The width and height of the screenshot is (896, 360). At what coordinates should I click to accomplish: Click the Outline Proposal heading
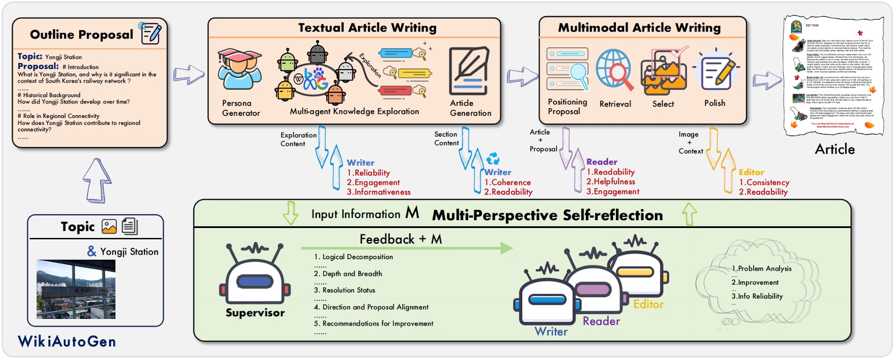(82, 34)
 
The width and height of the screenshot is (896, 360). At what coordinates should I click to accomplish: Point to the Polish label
(715, 103)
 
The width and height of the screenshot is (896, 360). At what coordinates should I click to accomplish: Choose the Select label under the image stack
(663, 104)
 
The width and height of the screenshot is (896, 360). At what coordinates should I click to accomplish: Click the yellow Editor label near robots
(648, 304)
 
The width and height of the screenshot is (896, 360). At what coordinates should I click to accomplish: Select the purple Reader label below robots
(601, 321)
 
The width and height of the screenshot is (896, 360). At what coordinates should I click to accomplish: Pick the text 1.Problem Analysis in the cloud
(761, 268)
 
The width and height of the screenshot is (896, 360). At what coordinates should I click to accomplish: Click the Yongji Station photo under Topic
(76, 289)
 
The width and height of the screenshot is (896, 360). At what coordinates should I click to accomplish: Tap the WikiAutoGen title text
(67, 341)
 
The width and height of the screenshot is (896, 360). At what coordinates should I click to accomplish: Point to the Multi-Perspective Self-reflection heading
(547, 215)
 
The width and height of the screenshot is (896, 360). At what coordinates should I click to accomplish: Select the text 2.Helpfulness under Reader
(611, 181)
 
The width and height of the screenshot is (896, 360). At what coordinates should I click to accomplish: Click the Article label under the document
(835, 149)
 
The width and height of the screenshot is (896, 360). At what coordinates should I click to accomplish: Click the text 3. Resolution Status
(344, 290)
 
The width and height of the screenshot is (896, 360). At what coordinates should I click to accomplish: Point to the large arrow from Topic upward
(97, 181)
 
